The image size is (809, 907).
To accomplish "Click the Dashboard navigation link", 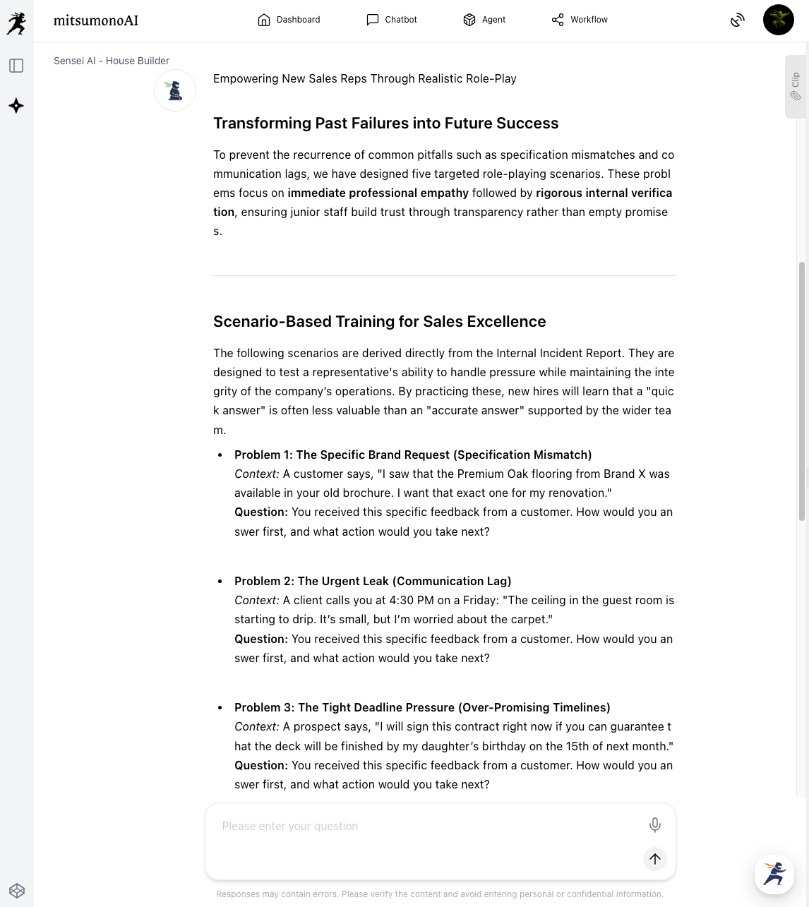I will pos(289,20).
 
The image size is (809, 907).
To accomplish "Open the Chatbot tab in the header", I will pos(392,20).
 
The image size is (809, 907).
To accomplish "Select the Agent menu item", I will pos(484,20).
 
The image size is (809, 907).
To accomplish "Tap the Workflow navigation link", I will pos(580,20).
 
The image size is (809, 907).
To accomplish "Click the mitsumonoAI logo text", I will pos(96,20).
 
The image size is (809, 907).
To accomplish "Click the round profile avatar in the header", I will pos(778,20).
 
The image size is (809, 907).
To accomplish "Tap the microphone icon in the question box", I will pos(654,824).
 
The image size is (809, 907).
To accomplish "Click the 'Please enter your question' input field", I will pos(424,826).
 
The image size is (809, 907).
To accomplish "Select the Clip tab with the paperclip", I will pos(796,86).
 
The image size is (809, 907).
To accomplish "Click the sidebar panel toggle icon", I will pos(16,66).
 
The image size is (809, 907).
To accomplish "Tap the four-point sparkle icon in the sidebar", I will pos(16,106).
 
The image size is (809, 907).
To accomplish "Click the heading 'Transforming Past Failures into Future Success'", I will pos(385,124).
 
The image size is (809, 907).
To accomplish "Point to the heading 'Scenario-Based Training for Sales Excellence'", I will pos(379,322).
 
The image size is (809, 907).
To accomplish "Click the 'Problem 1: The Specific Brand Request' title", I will pos(413,455).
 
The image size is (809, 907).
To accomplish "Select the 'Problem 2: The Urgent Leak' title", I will pos(373,581).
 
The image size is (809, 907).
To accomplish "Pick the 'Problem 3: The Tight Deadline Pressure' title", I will pos(422,707).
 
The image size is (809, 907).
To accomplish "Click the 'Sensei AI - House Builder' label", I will pos(112,61).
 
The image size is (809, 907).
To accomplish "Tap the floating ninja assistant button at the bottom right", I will pos(774,874).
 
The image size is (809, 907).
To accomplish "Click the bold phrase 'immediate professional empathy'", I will pos(378,193).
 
